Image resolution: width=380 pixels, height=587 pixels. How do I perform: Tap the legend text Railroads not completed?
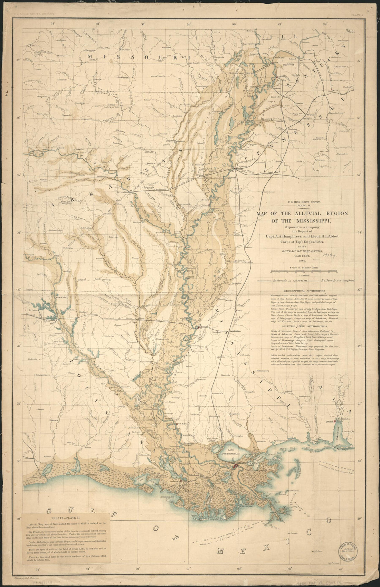pos(339,281)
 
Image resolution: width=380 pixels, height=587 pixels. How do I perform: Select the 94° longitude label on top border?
pos(53,24)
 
